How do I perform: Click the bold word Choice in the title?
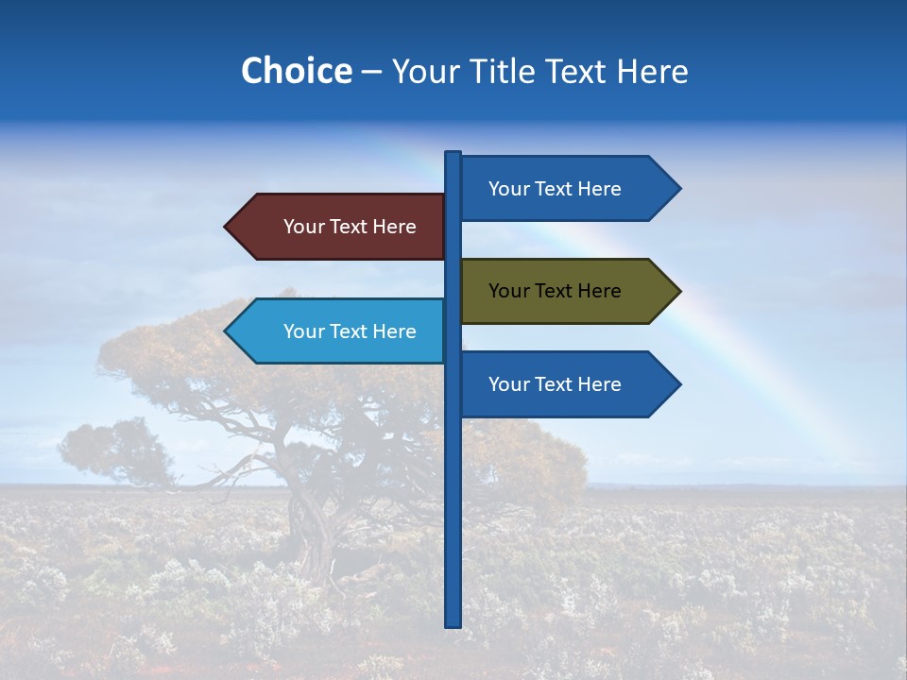[x=296, y=71]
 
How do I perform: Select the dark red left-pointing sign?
[x=340, y=227]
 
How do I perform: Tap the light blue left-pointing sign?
[x=340, y=331]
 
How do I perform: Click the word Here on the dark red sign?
[x=394, y=227]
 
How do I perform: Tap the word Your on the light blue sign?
[x=303, y=331]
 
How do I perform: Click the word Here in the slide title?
[x=652, y=71]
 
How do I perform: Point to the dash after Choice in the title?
[x=371, y=72]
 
